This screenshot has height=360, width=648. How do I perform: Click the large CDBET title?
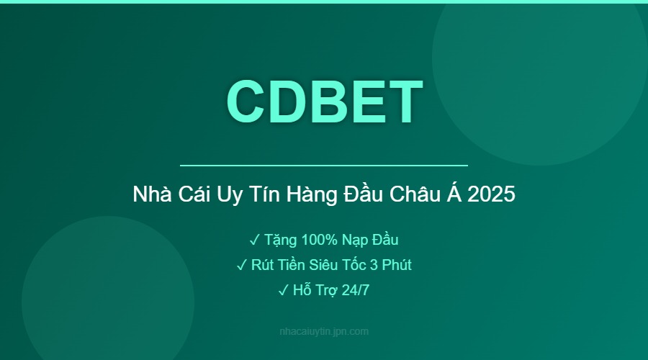(324, 101)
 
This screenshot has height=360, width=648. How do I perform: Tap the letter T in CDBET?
(404, 101)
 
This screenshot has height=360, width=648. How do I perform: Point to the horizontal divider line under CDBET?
(324, 166)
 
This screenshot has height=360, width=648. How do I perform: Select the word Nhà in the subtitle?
(150, 194)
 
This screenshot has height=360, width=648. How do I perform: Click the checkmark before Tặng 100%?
(255, 239)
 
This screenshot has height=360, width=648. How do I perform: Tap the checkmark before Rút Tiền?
(242, 265)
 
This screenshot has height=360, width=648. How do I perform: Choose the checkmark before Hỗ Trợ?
(282, 291)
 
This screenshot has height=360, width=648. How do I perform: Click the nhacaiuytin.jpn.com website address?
(324, 332)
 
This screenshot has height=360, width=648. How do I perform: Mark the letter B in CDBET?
(325, 101)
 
